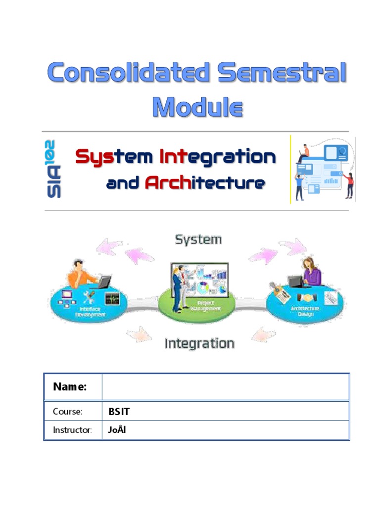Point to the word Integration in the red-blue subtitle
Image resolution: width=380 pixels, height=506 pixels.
click(x=218, y=157)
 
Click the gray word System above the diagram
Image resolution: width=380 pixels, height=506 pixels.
click(x=198, y=240)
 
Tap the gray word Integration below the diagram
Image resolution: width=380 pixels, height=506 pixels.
click(x=199, y=343)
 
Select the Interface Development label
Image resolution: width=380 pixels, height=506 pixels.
click(x=91, y=312)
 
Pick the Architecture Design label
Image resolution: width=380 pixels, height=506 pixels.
click(x=305, y=311)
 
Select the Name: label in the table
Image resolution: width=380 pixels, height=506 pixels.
click(x=70, y=387)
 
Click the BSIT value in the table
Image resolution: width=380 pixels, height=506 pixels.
click(x=119, y=412)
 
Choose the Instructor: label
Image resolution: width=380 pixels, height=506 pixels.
click(x=72, y=430)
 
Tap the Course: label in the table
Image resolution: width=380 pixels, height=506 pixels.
click(x=68, y=412)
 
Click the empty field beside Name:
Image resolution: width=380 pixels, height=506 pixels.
click(x=225, y=387)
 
